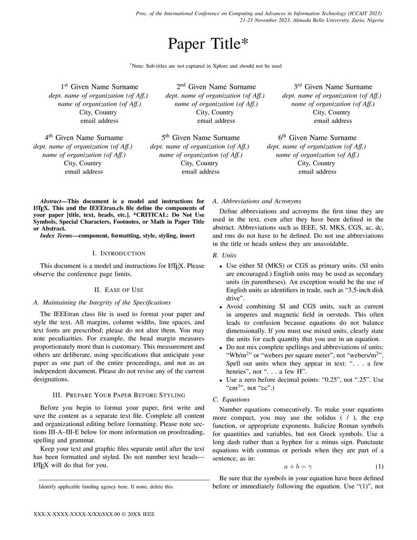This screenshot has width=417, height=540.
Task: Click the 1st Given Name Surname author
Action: (99, 87)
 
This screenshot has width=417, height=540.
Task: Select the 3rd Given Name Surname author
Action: (332, 87)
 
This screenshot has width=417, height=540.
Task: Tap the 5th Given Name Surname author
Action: (201, 138)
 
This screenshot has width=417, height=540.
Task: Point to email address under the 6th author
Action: (317, 172)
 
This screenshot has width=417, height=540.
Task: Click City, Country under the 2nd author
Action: (216, 112)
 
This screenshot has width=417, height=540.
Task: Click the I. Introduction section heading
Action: (119, 254)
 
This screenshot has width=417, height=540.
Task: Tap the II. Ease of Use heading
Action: (119, 290)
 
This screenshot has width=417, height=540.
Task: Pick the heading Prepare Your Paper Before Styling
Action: (119, 395)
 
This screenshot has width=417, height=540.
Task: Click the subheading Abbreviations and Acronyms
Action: (257, 201)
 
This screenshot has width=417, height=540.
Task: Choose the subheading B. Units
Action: (225, 255)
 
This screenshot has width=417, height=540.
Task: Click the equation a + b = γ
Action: (298, 466)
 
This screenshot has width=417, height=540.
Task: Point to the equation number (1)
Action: (379, 466)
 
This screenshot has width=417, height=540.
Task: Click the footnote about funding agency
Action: (106, 487)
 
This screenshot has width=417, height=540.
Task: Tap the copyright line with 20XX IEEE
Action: (94, 515)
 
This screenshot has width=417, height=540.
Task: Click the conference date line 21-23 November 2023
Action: (311, 20)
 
